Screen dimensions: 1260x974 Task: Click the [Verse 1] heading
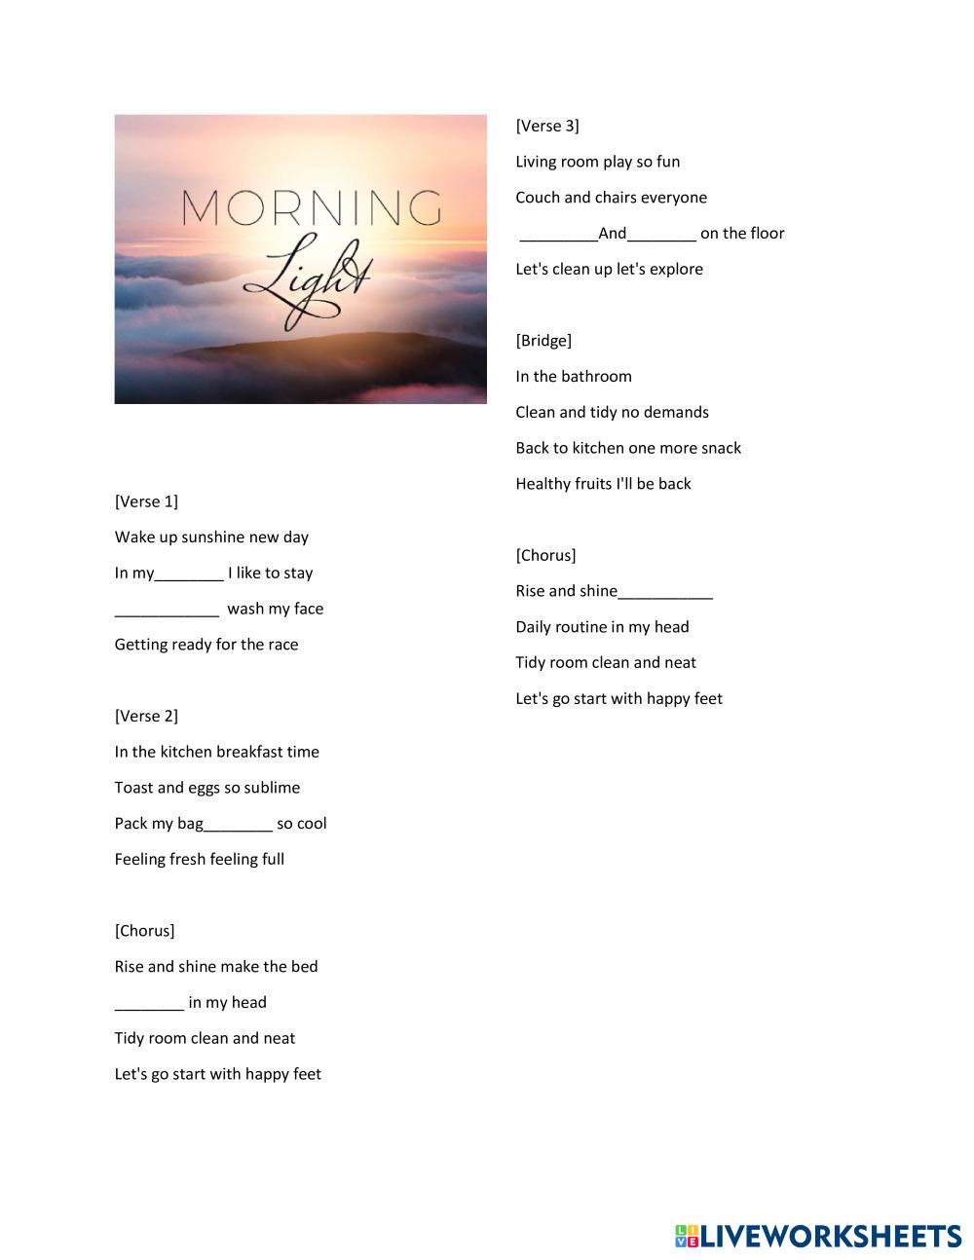[146, 501]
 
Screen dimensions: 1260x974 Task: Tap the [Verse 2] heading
[146, 716]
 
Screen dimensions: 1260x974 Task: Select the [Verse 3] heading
[547, 126]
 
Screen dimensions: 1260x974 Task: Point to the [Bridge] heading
[543, 340]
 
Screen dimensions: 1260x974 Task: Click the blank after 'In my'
[189, 574]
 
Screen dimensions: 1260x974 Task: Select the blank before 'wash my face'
[167, 610]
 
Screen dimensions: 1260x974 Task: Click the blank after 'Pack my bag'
[239, 824]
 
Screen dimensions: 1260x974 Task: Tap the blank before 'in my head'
[149, 1003]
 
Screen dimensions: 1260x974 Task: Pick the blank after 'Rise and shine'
[665, 592]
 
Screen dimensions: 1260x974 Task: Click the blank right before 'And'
[558, 234]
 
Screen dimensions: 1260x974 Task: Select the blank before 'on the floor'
[662, 234]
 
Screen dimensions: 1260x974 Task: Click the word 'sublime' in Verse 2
[271, 788]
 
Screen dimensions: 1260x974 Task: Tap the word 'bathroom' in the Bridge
[596, 377]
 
